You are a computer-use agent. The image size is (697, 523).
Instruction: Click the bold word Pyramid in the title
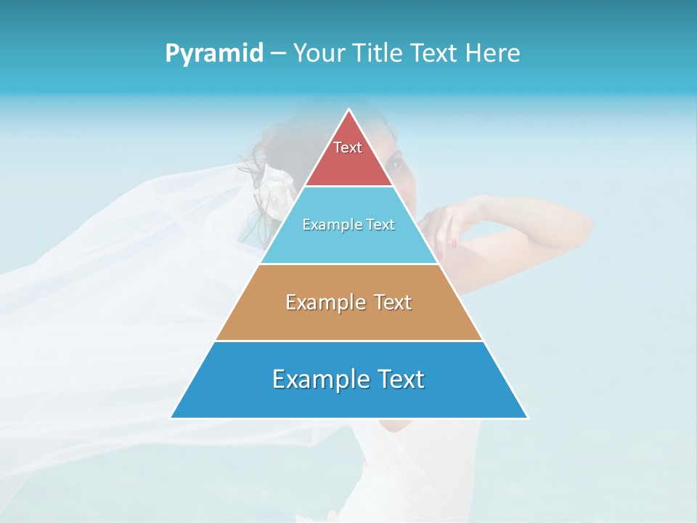tap(214, 53)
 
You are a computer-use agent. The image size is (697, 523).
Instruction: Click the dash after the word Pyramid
tap(278, 54)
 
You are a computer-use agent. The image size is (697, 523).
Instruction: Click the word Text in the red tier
tap(348, 147)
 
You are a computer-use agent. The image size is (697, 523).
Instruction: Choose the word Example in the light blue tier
tap(329, 224)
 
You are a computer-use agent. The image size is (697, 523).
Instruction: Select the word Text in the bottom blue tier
tap(399, 379)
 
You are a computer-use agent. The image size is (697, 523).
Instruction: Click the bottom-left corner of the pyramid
tap(171, 418)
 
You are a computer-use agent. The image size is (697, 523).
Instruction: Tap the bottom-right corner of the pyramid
tap(527, 418)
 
